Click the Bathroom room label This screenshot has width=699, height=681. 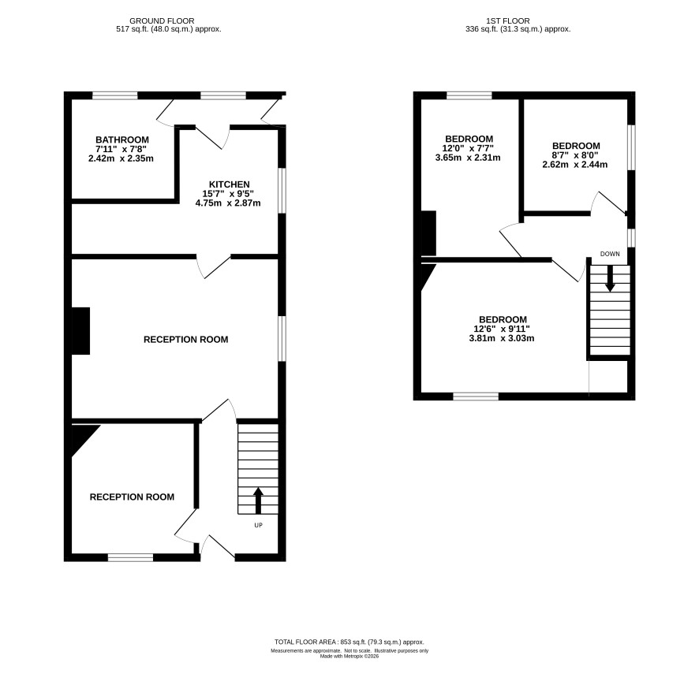(122, 140)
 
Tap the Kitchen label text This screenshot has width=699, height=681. (230, 184)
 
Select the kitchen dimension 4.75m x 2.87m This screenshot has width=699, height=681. (228, 203)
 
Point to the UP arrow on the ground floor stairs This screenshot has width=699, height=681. (258, 501)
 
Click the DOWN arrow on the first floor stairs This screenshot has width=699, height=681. (610, 279)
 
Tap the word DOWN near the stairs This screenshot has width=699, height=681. (610, 254)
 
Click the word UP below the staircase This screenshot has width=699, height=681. (258, 525)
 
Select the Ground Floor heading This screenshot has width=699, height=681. (162, 21)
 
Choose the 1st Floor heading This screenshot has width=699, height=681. (508, 21)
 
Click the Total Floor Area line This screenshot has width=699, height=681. (349, 642)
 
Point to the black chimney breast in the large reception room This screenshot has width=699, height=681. (80, 331)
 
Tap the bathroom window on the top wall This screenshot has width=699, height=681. (115, 95)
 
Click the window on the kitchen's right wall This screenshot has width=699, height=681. (282, 191)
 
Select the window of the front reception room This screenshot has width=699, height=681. (131, 557)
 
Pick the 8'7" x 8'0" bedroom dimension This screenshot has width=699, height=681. (575, 155)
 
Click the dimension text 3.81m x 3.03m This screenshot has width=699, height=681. (502, 338)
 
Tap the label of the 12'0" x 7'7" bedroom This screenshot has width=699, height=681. (469, 139)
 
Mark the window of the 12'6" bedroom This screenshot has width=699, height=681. (476, 396)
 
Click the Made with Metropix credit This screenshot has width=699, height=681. (349, 656)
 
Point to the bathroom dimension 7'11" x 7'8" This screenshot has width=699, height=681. (121, 149)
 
